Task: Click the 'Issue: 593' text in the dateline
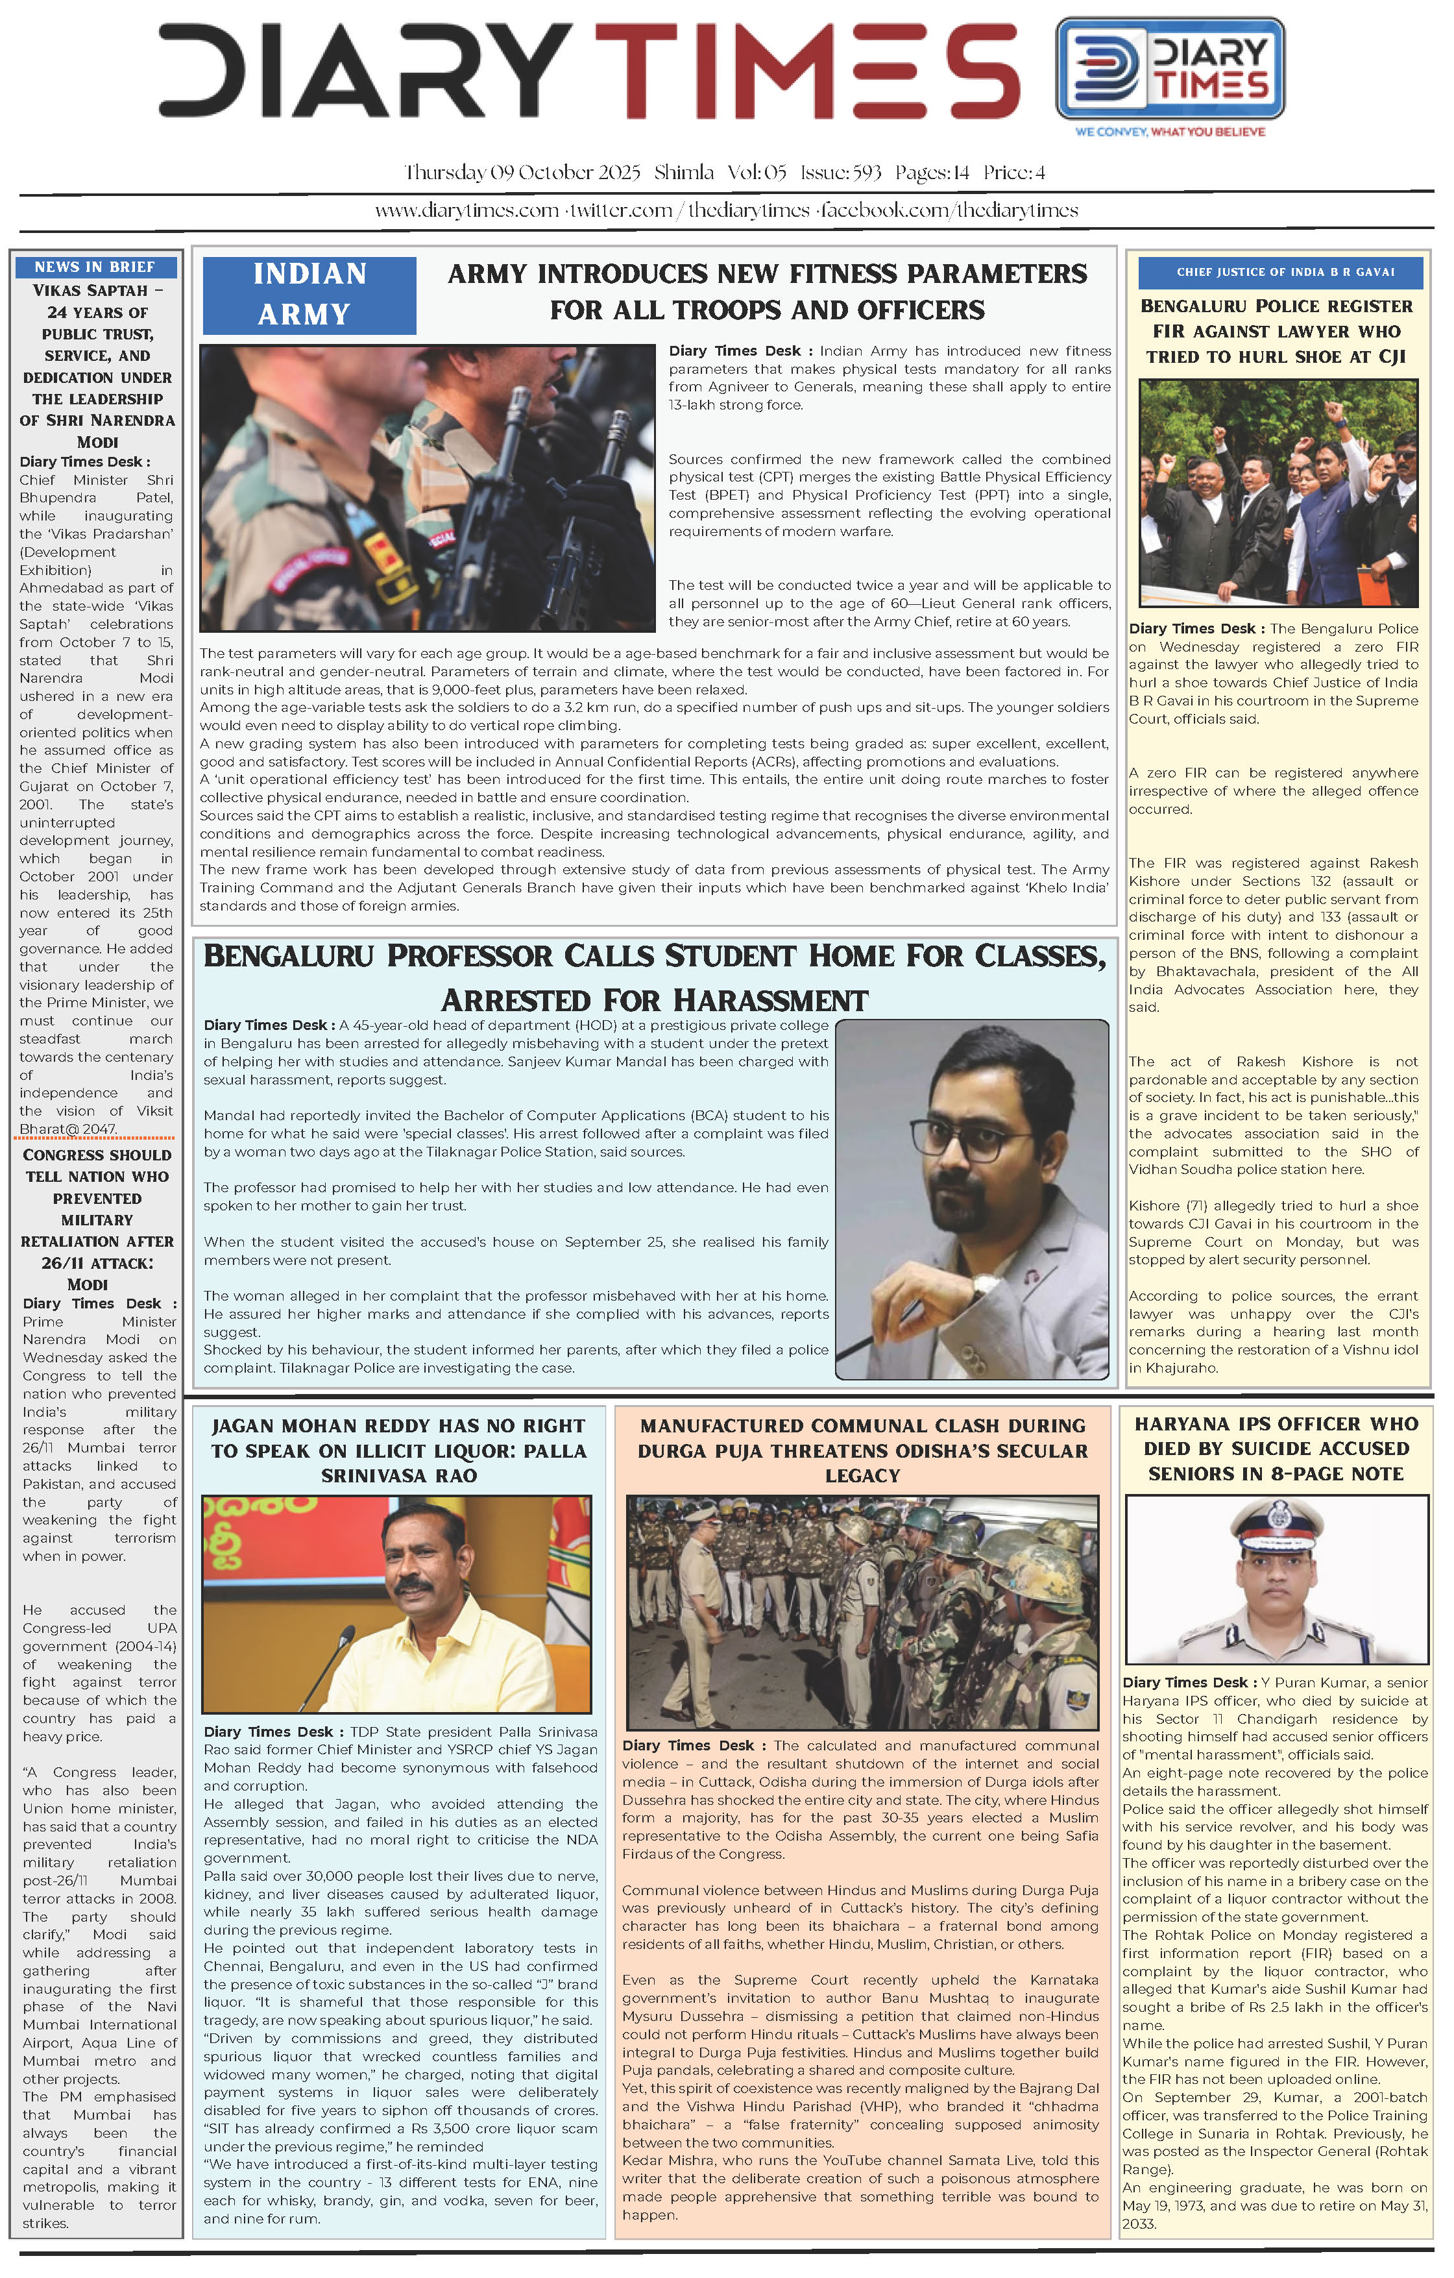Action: click(840, 173)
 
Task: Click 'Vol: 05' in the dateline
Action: click(757, 173)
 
